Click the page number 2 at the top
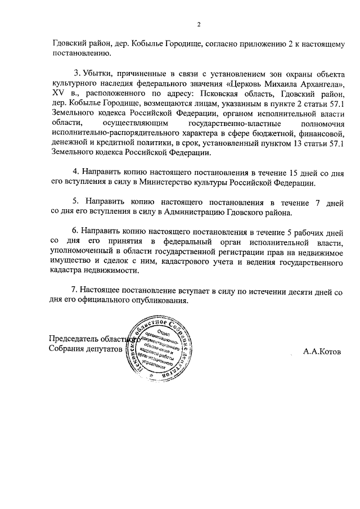[x=199, y=24]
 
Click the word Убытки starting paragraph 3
[x=99, y=75]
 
